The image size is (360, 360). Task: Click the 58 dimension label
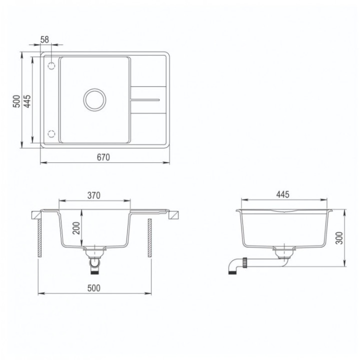click(x=44, y=39)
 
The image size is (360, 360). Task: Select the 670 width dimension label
click(x=103, y=157)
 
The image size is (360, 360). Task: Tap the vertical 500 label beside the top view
click(x=16, y=101)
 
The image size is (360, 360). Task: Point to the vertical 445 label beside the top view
click(x=27, y=101)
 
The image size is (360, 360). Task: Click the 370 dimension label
click(x=94, y=195)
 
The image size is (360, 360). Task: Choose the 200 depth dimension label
click(x=76, y=228)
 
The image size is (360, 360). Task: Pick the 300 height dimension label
click(x=339, y=238)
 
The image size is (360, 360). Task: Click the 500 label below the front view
click(x=94, y=288)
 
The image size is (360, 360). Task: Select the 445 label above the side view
click(x=283, y=194)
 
